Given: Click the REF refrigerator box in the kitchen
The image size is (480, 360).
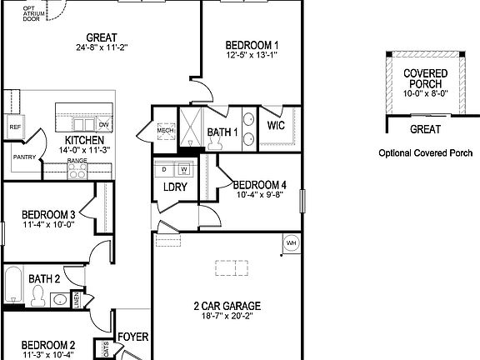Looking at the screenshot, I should tap(14, 127).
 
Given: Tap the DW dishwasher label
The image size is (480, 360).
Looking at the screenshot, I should tap(103, 125).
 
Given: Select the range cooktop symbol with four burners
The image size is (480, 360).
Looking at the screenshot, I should tap(77, 171).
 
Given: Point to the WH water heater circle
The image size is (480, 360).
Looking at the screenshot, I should tap(292, 242).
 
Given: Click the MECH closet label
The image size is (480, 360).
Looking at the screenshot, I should tap(164, 130).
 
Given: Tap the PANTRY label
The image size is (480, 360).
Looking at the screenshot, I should tap(23, 155).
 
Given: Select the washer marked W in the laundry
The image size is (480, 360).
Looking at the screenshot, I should tap(184, 169).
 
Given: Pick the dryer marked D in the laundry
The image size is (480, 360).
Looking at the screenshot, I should tap(165, 169).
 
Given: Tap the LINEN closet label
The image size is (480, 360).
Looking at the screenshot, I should tap(77, 301).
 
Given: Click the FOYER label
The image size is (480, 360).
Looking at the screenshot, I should tap(132, 337).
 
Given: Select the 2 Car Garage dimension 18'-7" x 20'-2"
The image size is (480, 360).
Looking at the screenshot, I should tap(227, 317).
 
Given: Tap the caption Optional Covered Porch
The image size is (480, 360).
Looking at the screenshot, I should tap(425, 153).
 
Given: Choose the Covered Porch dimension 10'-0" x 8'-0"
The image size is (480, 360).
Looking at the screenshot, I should tap(425, 94).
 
